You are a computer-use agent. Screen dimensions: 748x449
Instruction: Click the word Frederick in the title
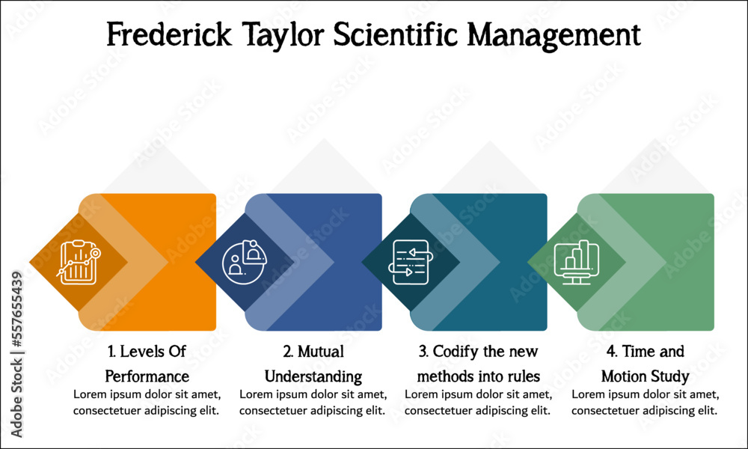point(169,34)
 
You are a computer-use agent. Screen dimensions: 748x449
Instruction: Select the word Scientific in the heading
point(395,34)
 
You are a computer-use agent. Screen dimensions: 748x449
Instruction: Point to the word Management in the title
point(554,36)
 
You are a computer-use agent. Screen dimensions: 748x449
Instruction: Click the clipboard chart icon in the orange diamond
point(79,262)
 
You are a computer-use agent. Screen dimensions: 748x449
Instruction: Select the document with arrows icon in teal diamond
point(410,262)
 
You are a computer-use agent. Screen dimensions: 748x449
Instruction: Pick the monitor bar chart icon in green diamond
point(576,262)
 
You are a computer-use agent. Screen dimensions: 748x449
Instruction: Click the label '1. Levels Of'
point(147,352)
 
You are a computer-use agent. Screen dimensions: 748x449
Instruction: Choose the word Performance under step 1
point(147,376)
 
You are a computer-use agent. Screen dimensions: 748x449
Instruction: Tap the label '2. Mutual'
point(313,352)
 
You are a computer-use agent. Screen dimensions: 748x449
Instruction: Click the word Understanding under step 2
point(313,377)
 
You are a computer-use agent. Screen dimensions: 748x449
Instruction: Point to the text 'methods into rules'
point(479,376)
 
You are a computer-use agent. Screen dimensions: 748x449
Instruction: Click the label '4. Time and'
point(645,352)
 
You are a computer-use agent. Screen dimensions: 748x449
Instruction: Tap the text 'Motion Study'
point(645,377)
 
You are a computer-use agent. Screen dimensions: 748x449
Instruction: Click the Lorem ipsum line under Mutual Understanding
point(313,394)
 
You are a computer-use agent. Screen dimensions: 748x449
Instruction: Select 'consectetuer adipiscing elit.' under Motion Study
point(645,410)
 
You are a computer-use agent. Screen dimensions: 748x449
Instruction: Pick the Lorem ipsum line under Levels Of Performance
point(147,394)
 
